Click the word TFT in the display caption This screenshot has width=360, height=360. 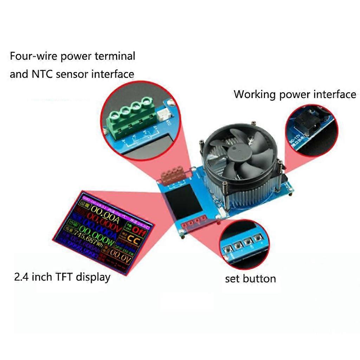coord(63,277)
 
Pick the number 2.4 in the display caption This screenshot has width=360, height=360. coord(21,277)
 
